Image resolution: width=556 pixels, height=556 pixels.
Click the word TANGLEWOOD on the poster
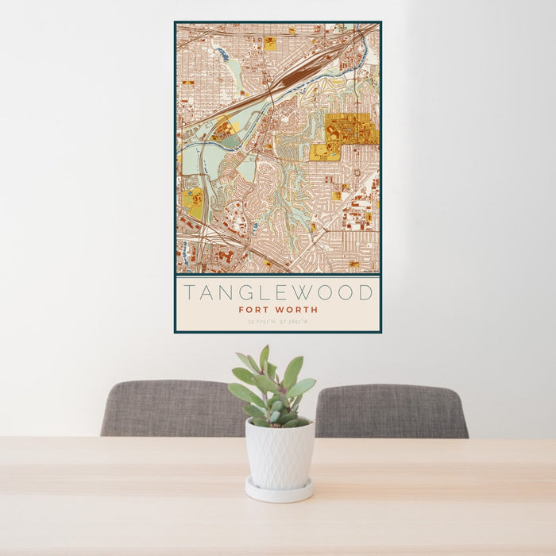pos(277,292)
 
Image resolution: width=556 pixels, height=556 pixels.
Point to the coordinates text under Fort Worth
pos(277,322)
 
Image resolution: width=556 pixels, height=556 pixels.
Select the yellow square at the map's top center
pos(270,44)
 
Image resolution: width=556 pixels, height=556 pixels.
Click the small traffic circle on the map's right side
pos(355,172)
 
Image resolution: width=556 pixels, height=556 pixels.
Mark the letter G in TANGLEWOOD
pos(245,292)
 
